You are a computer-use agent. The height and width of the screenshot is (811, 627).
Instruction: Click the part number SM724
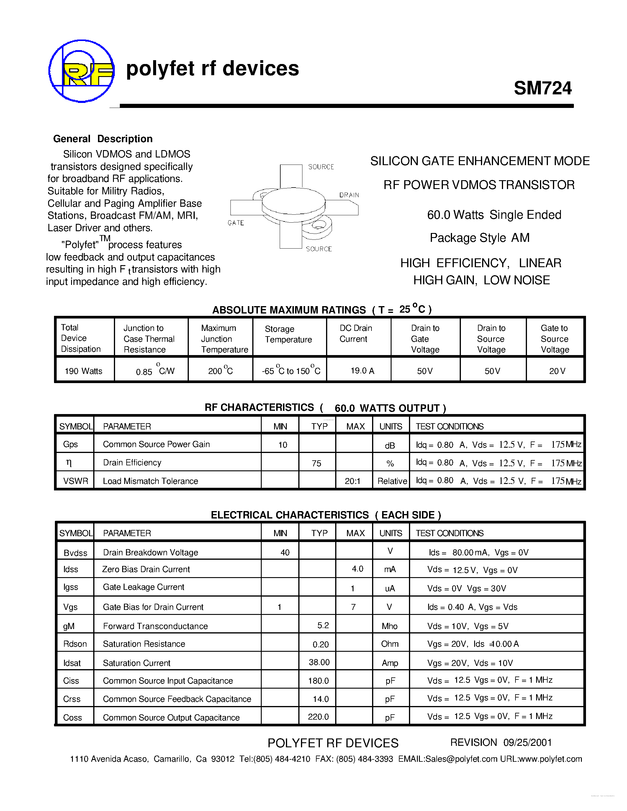[x=542, y=88]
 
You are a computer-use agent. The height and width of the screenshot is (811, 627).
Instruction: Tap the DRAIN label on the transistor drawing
[x=349, y=195]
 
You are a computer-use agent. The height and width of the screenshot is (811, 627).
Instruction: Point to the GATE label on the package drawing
[x=235, y=223]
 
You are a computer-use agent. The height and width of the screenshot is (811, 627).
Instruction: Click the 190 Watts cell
[x=84, y=371]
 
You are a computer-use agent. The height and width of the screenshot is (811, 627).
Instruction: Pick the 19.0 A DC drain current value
[x=362, y=371]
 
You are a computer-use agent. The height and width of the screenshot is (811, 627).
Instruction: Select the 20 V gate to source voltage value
[x=557, y=371]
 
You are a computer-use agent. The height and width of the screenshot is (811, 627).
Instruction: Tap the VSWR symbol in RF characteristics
[x=76, y=481]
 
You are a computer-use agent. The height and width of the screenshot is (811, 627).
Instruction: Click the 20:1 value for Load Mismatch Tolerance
[x=353, y=481]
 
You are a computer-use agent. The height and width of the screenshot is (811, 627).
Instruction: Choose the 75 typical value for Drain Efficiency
[x=317, y=463]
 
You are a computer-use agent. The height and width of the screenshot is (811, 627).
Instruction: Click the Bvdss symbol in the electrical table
[x=76, y=553]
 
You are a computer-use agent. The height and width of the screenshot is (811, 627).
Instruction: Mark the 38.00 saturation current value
[x=319, y=662]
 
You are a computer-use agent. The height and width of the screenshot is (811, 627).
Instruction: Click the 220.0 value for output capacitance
[x=318, y=717]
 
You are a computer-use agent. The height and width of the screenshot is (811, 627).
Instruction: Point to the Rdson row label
[x=75, y=644]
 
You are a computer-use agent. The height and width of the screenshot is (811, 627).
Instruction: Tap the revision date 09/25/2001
[x=528, y=742]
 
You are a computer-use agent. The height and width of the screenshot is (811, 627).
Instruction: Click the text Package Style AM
[x=479, y=238]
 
